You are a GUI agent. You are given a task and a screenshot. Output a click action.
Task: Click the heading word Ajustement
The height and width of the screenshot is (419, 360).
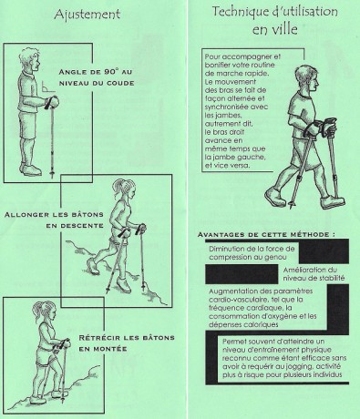point(87,15)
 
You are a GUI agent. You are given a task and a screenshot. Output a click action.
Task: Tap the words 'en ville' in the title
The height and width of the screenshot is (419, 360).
point(274,29)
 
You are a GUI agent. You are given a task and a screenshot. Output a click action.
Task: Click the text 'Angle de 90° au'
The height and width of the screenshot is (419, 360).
point(97,72)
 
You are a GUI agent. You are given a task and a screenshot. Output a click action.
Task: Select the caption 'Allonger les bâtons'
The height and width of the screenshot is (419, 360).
point(54,215)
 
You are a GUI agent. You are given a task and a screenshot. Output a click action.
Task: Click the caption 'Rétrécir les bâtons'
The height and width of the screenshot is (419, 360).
point(127,338)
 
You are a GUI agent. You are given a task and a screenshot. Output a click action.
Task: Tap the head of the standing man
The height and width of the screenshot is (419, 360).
point(29,60)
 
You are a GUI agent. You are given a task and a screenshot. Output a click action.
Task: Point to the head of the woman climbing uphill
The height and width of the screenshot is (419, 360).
point(46,312)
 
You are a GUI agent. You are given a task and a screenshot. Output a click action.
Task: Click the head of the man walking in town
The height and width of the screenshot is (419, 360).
point(307,79)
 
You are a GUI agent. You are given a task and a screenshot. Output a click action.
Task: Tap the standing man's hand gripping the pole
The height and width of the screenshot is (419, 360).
point(52,102)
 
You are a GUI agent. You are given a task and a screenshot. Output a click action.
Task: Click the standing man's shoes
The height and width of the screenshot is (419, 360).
point(30,169)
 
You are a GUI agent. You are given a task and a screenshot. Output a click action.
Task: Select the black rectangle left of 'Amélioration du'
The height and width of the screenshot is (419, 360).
point(242,274)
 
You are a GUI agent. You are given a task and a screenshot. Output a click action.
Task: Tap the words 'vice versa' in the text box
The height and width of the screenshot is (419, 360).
point(231,166)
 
